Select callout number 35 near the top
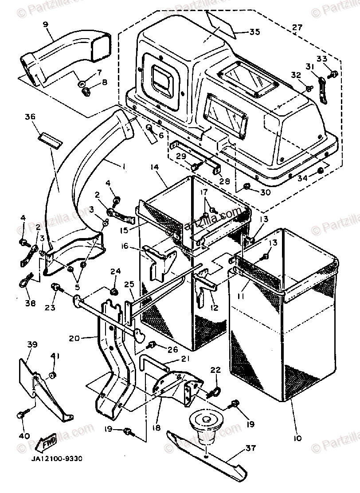coord(254,32)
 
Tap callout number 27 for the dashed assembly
coord(297,27)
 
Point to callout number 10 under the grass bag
coord(297,438)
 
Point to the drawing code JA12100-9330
coord(56,460)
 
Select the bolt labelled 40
coord(21,415)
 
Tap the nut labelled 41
coord(53,376)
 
